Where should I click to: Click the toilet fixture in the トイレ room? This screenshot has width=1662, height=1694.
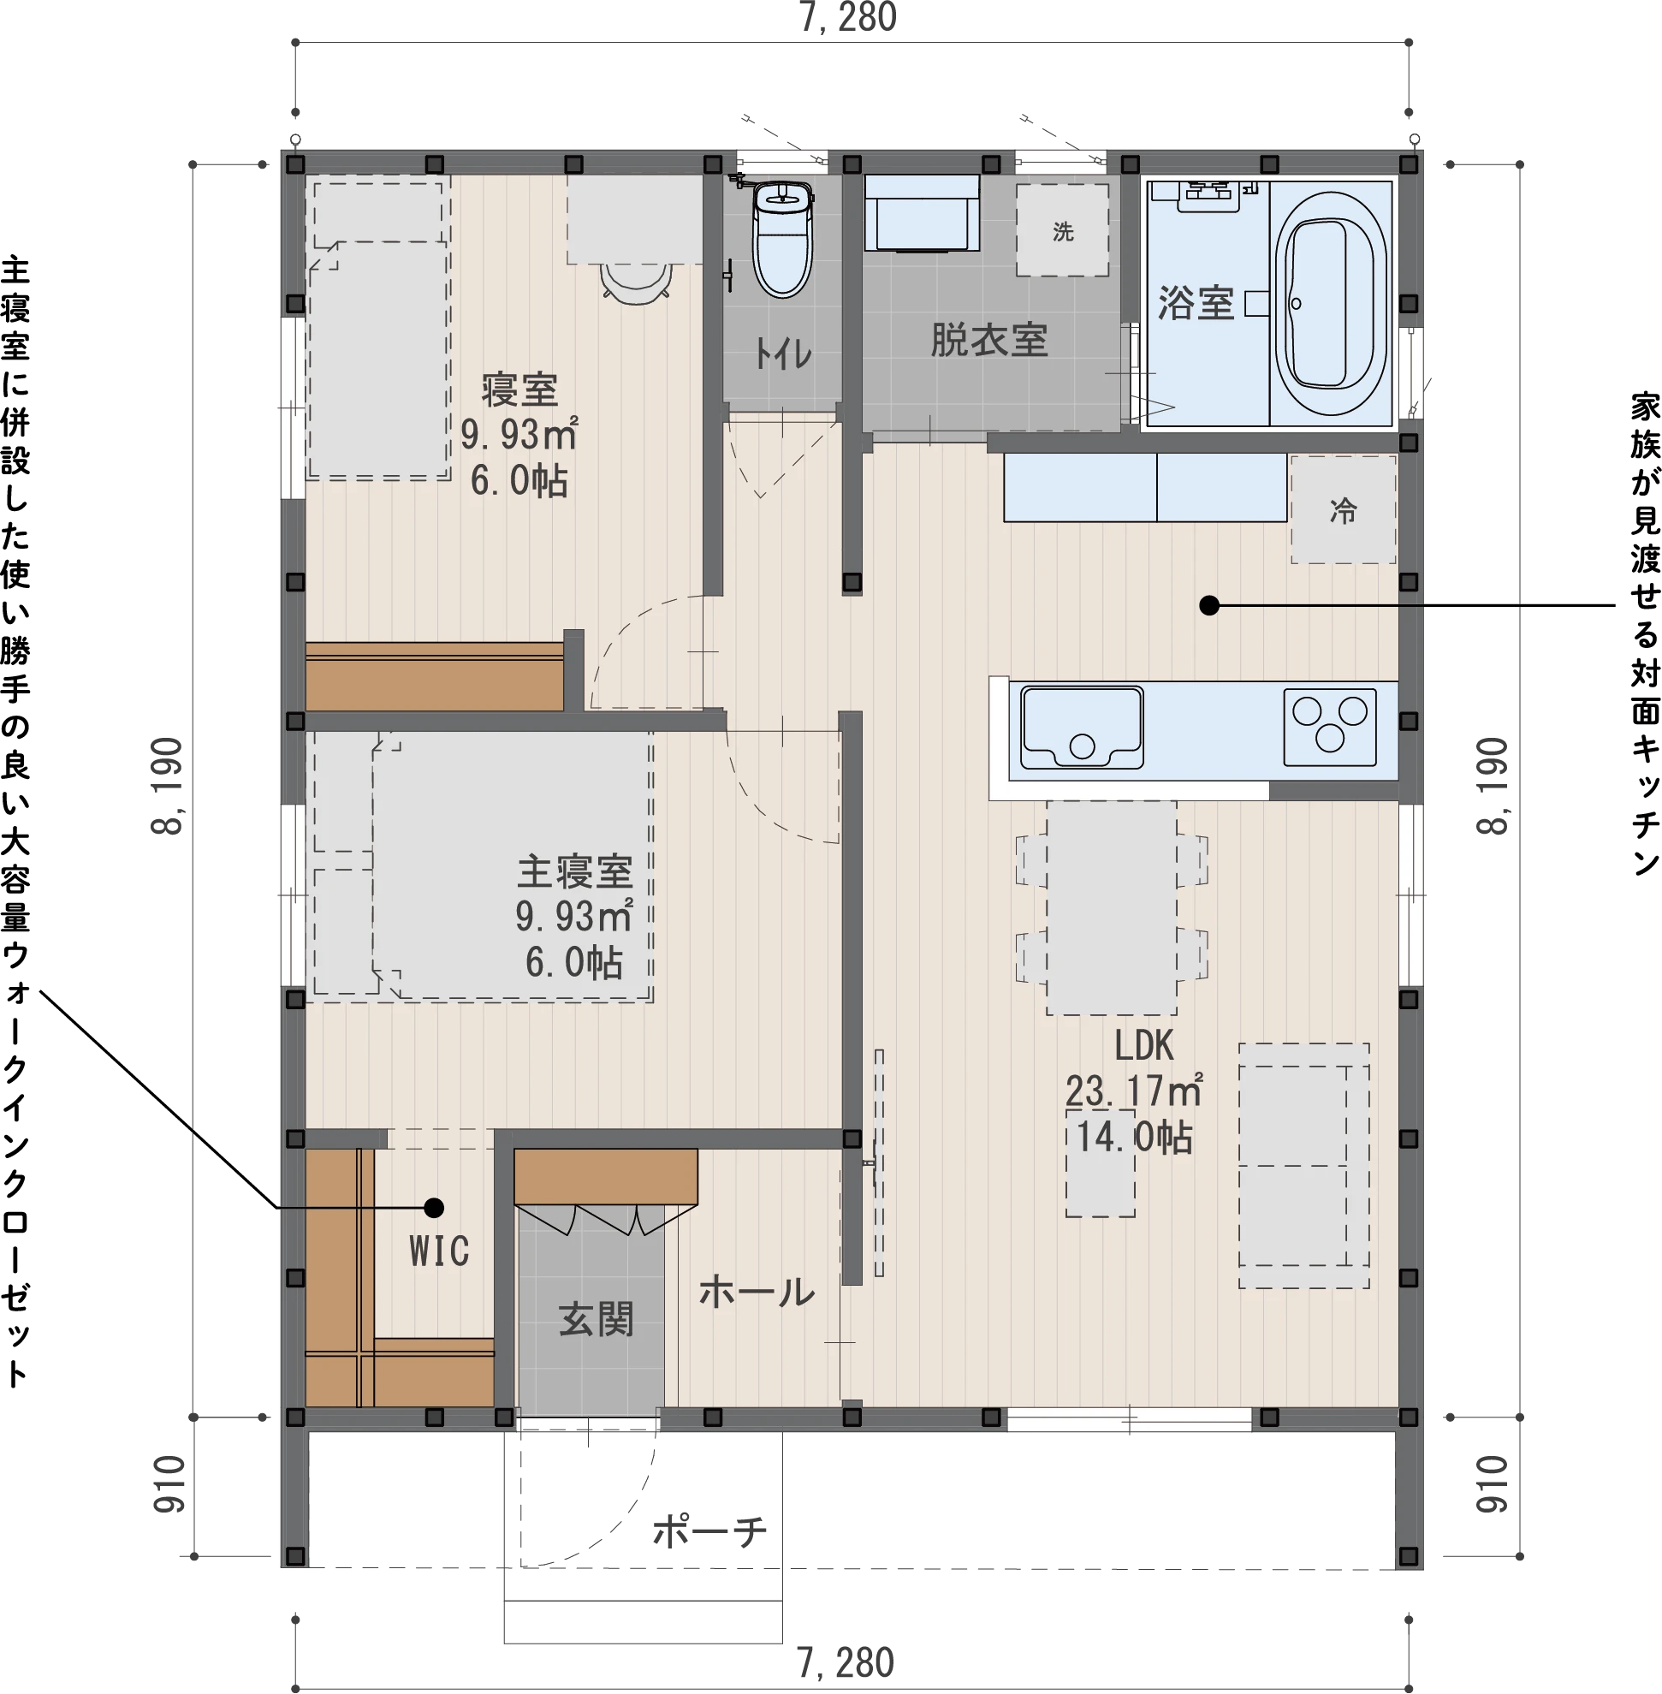783,236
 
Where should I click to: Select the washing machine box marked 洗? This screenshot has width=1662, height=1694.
1062,230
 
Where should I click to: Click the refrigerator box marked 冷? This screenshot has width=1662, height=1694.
1343,509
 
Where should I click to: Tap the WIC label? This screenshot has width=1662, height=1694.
439,1251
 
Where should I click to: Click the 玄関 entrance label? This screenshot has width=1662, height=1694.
597,1318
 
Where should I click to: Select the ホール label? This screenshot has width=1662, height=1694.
757,1292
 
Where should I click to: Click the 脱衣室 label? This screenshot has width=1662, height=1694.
989,340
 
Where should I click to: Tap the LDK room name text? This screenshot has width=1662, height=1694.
1143,1045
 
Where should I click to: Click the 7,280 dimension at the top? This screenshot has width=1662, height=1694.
848,18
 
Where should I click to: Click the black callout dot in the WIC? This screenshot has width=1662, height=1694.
434,1208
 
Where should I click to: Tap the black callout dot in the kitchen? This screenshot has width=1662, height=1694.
1209,605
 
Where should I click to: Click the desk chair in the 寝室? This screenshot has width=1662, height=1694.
636,283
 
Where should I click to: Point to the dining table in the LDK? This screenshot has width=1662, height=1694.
1111,908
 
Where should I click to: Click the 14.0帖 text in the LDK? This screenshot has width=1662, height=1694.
1134,1137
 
